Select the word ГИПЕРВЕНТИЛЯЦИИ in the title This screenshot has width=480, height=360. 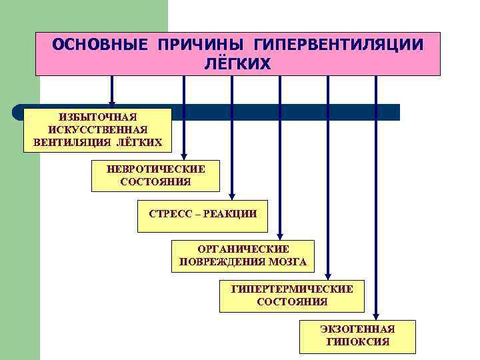[339, 45]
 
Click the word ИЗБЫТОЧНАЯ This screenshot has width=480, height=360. [97, 117]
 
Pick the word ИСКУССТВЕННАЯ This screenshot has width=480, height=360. [97, 130]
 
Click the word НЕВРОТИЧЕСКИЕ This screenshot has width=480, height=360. [156, 169]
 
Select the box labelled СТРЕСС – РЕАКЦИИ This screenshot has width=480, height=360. [202, 215]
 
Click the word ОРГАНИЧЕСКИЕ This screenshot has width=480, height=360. [243, 249]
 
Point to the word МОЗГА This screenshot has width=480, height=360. [288, 261]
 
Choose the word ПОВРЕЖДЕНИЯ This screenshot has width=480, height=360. [222, 261]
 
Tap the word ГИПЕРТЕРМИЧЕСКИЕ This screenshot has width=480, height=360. [292, 289]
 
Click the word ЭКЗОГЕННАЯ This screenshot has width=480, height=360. [357, 329]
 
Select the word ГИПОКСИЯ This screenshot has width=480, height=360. [357, 342]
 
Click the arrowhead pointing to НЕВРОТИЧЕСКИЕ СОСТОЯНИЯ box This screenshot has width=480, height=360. [185, 157]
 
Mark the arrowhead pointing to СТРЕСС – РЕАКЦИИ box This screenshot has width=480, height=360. [232, 196]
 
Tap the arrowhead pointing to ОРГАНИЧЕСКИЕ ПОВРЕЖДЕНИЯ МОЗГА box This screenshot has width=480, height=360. [280, 236]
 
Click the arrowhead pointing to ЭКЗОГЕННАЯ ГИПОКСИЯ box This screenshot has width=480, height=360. [376, 315]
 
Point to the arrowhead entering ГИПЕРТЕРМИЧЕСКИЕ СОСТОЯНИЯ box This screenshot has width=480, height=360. [328, 276]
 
